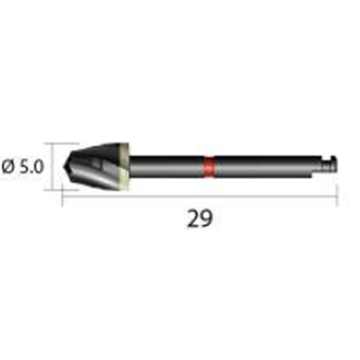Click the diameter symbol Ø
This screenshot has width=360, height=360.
[9, 166]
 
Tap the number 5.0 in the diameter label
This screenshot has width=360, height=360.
[31, 166]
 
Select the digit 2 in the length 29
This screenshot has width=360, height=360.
[193, 219]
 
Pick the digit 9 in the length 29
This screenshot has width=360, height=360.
[207, 219]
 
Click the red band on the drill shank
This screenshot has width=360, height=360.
[209, 166]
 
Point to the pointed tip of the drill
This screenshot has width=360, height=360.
[63, 166]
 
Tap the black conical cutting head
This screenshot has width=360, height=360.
[93, 166]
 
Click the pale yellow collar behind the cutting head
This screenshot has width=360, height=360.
[125, 166]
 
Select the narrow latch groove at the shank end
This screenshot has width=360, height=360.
[325, 166]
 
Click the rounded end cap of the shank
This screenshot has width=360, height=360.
[333, 165]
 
